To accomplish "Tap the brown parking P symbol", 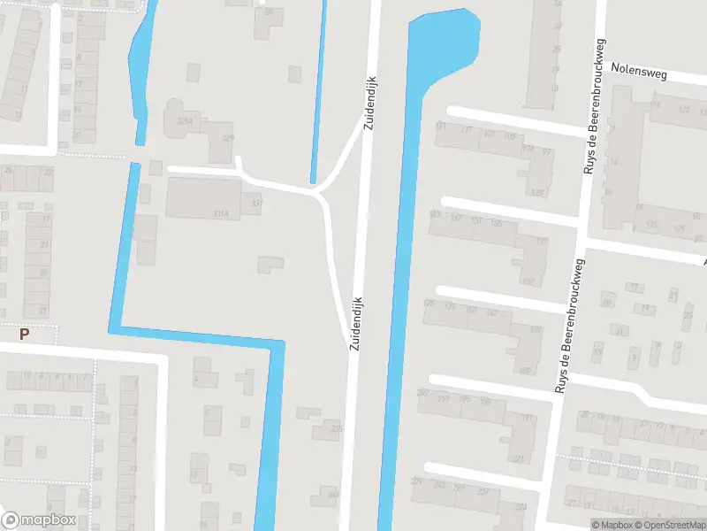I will point(25,334).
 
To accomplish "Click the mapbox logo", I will point(39,520).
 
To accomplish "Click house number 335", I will point(336,428).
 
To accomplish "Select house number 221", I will point(517,458).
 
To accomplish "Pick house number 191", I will point(528,417).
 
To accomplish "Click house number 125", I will point(537,192).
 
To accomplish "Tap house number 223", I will point(521,506).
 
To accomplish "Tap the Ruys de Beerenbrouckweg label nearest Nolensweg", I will point(593,106).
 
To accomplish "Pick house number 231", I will point(483,491).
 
